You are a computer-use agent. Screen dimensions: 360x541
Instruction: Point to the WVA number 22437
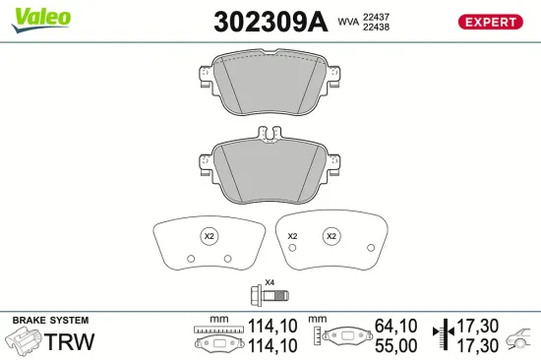376,17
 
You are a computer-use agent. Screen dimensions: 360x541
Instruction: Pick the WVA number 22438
376,28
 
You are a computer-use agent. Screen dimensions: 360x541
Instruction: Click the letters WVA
348,22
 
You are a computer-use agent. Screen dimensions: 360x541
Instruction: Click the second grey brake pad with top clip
270,164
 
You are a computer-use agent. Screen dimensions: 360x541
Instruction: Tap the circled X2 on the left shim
208,236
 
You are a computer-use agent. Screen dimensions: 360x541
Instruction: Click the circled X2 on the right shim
331,236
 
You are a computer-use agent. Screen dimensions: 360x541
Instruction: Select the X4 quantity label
270,282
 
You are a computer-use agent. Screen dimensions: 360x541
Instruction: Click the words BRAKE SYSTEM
49,321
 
